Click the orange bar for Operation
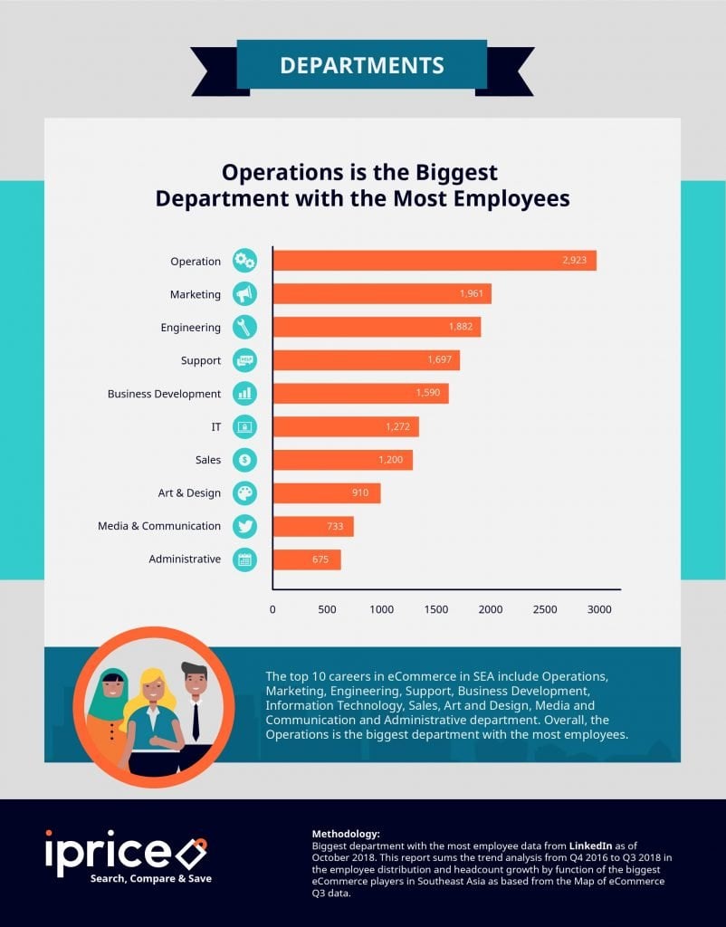click(x=435, y=261)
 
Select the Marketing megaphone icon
click(x=244, y=294)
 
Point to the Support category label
click(x=201, y=360)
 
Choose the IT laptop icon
click(x=244, y=426)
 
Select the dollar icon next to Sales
click(x=244, y=460)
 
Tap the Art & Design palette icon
click(x=244, y=492)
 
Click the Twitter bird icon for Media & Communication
click(x=244, y=526)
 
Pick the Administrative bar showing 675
click(x=307, y=559)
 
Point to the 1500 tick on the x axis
click(x=435, y=609)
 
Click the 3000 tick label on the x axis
click(x=599, y=609)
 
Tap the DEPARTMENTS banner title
click(x=362, y=65)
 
